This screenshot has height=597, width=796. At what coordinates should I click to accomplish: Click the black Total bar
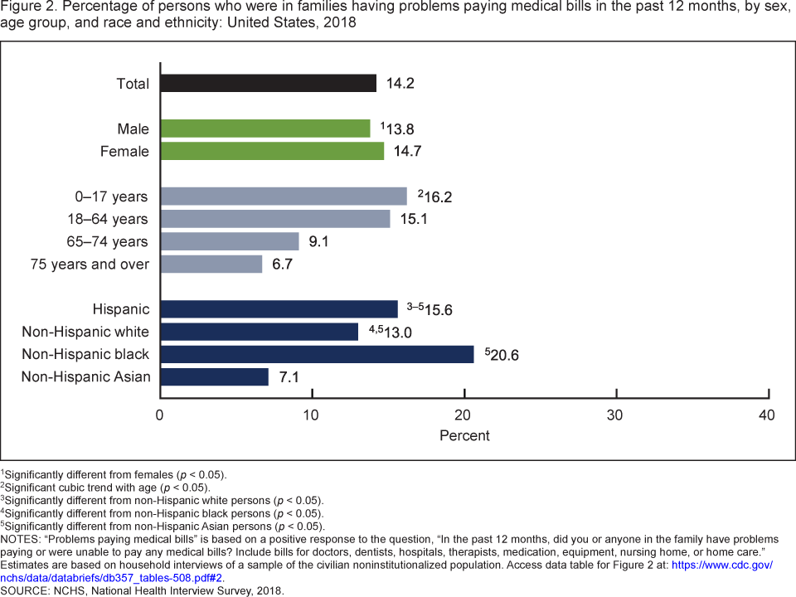pos(268,83)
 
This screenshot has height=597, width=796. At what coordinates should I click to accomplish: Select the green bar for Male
pos(265,129)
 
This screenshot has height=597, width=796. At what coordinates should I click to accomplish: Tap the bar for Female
pos(272,151)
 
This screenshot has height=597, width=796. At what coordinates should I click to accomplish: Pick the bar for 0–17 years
pos(284,197)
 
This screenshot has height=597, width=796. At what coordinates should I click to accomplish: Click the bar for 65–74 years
pos(230,241)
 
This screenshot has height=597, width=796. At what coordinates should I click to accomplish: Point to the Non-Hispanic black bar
pos(317,354)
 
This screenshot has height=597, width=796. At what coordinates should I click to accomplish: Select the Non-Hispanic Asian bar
pos(214,377)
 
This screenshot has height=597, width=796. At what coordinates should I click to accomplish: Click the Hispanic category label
pos(122,309)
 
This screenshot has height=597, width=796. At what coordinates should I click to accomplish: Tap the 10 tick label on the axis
pos(312,414)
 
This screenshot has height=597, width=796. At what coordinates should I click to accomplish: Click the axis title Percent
pos(464,435)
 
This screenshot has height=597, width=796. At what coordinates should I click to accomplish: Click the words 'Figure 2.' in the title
pos(27,7)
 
